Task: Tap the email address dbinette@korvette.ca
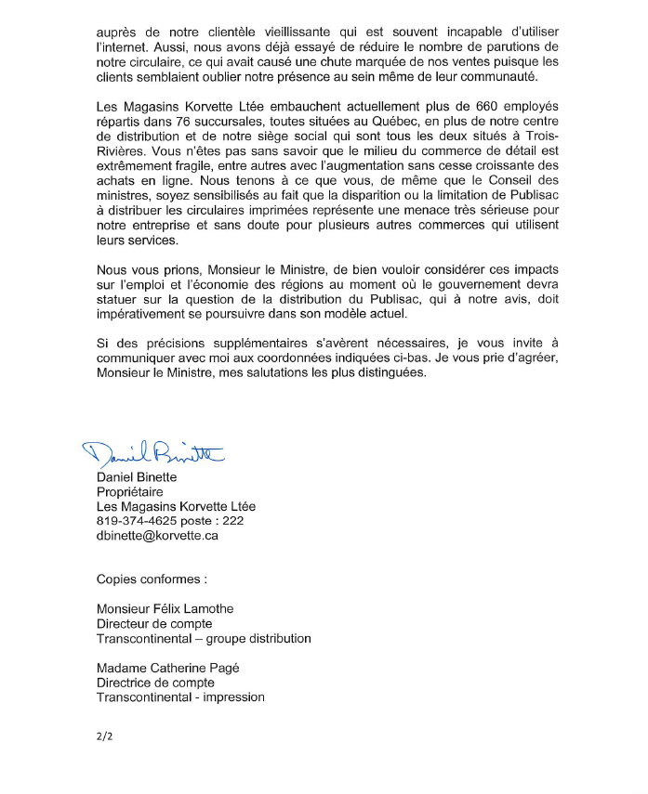tap(157, 536)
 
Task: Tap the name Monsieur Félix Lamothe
tap(165, 609)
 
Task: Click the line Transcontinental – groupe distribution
tap(204, 639)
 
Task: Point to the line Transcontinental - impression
tap(180, 697)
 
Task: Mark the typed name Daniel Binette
tap(137, 477)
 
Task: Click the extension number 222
tap(233, 522)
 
